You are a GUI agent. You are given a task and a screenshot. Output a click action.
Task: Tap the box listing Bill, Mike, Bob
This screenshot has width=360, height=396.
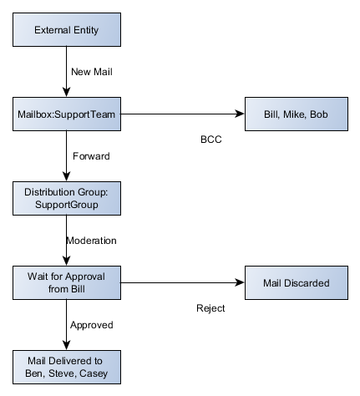point(295,113)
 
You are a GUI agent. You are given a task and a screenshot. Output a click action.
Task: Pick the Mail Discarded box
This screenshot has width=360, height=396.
point(295,283)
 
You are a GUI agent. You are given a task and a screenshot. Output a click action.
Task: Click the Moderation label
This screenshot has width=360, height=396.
point(96,241)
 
